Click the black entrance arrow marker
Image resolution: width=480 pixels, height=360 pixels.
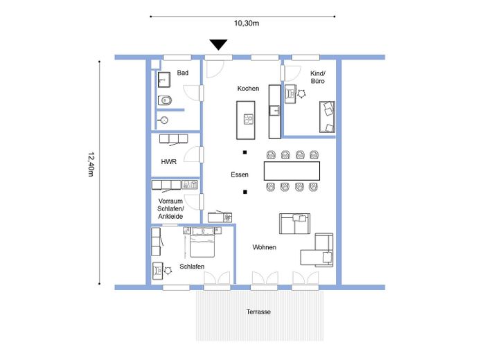point(218,44)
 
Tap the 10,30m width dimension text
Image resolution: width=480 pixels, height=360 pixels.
point(247,24)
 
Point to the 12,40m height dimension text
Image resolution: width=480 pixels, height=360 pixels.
point(91,165)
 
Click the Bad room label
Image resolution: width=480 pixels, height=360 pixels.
point(183,73)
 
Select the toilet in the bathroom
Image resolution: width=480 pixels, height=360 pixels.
point(164,100)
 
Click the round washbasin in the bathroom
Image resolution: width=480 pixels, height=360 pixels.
point(164,120)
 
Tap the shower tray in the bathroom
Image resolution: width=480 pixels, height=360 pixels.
point(164,80)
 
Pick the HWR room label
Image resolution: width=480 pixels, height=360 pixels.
point(169,161)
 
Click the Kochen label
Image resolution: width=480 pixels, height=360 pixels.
point(248,89)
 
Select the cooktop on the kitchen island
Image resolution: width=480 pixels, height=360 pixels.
point(249,119)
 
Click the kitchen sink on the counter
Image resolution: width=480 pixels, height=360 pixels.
point(274,110)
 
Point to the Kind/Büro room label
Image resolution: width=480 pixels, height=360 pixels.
point(317,77)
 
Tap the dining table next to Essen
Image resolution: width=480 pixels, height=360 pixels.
point(292,171)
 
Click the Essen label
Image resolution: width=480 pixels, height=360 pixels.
point(240,174)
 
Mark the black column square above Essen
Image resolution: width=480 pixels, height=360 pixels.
point(245,152)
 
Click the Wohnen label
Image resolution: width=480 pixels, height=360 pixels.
point(265,247)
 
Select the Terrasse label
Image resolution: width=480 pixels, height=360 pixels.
point(258,312)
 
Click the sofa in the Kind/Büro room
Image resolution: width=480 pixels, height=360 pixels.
point(327,117)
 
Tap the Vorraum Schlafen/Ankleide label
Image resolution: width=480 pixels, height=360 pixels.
point(170,208)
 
